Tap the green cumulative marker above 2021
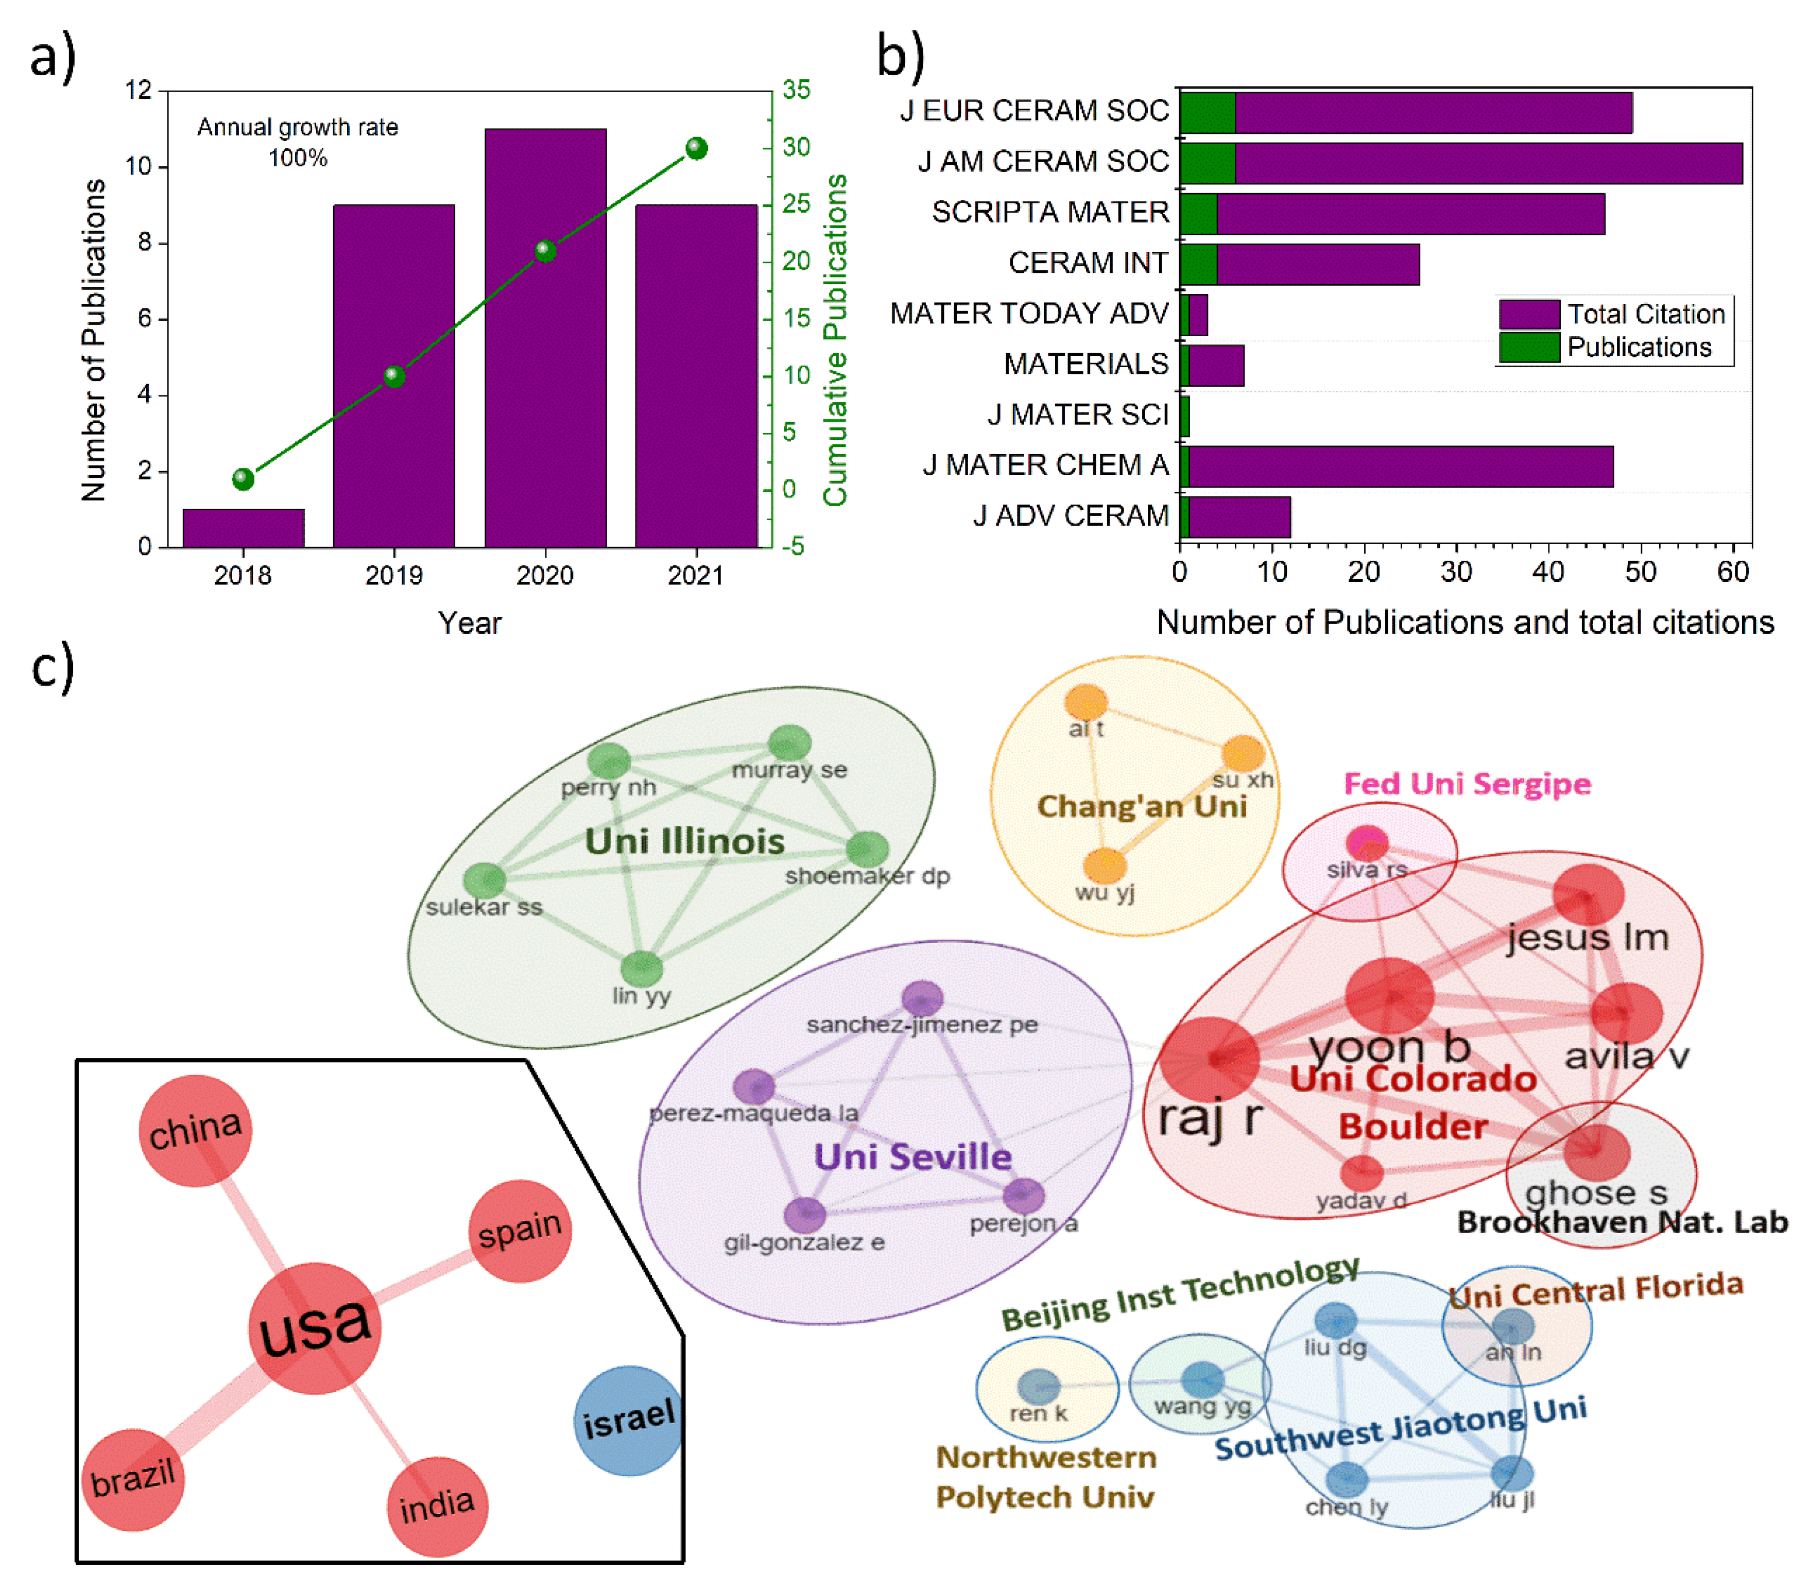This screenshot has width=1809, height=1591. click(697, 148)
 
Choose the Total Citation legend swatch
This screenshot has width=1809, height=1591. click(1528, 314)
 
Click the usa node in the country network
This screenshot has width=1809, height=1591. click(314, 1327)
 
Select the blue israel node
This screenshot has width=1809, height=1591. click(628, 1420)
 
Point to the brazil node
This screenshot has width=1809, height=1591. click(133, 1479)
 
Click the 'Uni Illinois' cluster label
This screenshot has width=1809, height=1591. click(684, 841)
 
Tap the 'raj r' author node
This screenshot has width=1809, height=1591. click(1210, 1058)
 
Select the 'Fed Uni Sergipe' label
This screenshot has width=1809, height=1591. click(1467, 784)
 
